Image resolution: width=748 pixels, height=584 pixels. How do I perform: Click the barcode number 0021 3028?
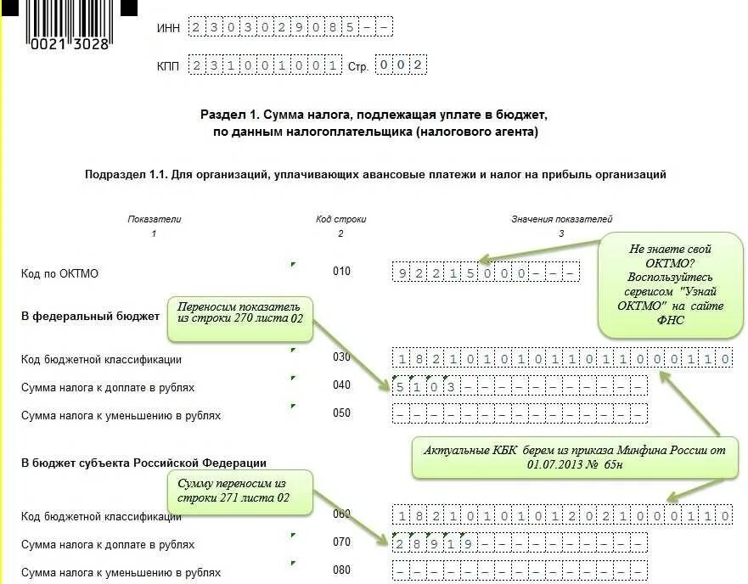(70, 44)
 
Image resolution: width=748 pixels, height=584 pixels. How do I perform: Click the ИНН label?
(168, 28)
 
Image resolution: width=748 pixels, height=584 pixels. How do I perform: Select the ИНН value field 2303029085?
(291, 28)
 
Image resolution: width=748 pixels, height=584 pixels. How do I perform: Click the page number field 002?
(400, 65)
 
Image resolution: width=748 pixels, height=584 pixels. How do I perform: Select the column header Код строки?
(340, 219)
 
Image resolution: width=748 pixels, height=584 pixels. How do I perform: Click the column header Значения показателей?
(561, 219)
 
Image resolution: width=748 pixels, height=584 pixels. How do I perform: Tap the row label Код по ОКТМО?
(60, 273)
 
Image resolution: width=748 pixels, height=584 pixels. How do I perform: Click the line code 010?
(341, 272)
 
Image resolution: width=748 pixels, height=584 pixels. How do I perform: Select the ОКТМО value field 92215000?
(486, 273)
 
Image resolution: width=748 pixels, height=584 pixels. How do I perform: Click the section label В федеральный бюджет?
(90, 316)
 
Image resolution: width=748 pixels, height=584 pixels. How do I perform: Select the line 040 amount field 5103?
(520, 387)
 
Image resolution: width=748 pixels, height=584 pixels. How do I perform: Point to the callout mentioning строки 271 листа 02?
(239, 490)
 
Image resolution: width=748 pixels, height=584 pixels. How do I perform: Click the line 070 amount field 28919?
(520, 543)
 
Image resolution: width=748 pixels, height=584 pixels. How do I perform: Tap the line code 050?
(341, 413)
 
